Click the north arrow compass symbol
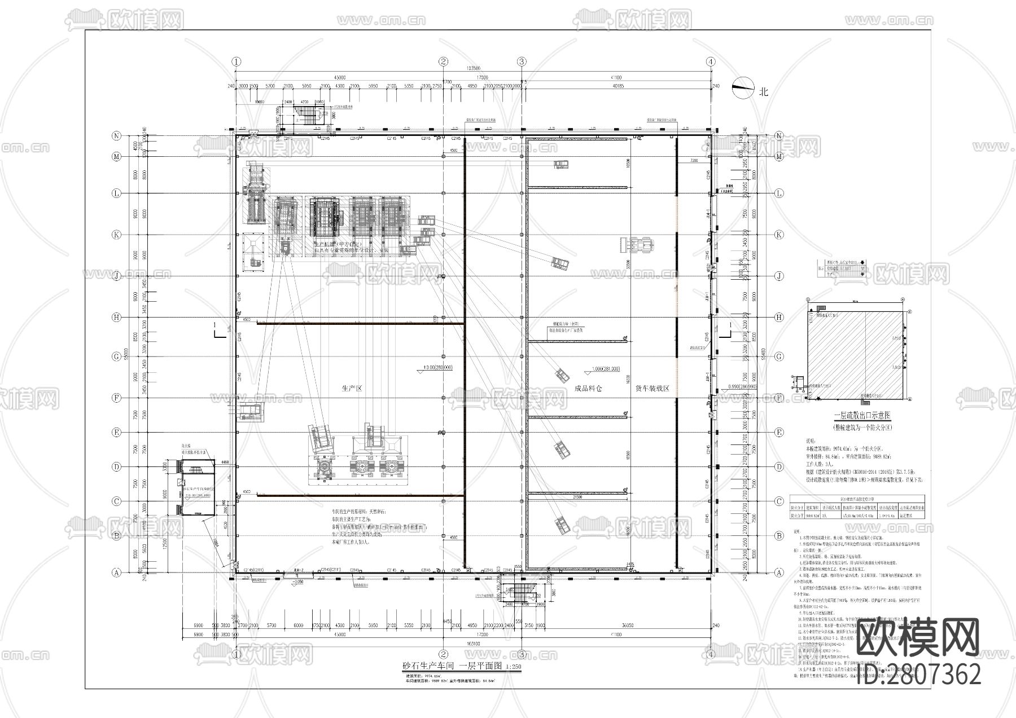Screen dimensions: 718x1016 pos(743,88)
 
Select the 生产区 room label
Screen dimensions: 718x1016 pos(351,389)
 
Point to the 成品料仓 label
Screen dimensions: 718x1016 pos(588,389)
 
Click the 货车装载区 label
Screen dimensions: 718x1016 pos(652,389)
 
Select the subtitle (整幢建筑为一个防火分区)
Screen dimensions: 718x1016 pos(862,427)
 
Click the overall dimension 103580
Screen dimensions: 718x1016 pos(474,68)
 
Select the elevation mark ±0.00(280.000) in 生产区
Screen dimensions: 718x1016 pos(435,367)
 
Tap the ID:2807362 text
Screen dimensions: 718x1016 pos(918,673)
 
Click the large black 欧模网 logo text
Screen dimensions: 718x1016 pos(918,638)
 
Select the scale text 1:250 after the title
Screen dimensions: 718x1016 pos(514,666)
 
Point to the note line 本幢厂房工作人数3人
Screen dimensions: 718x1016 pos(351,542)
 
